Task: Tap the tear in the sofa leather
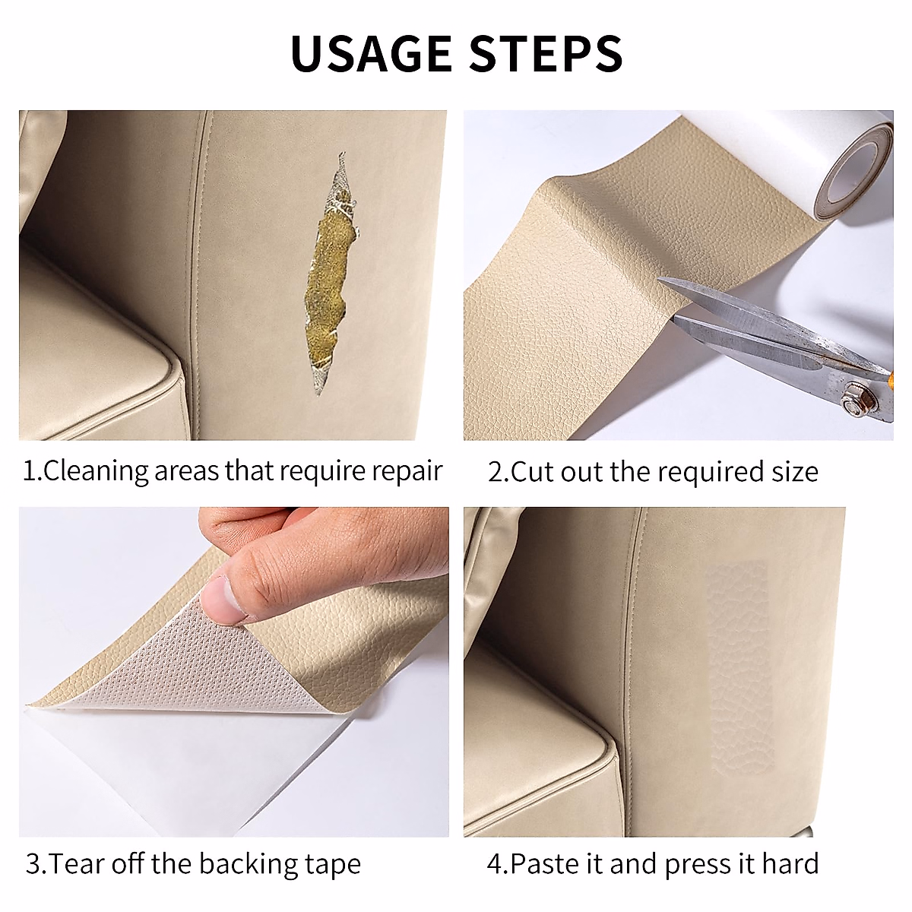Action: [331, 274]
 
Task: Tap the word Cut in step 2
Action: [533, 472]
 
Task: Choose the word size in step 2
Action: [795, 472]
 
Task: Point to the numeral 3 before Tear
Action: [33, 863]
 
